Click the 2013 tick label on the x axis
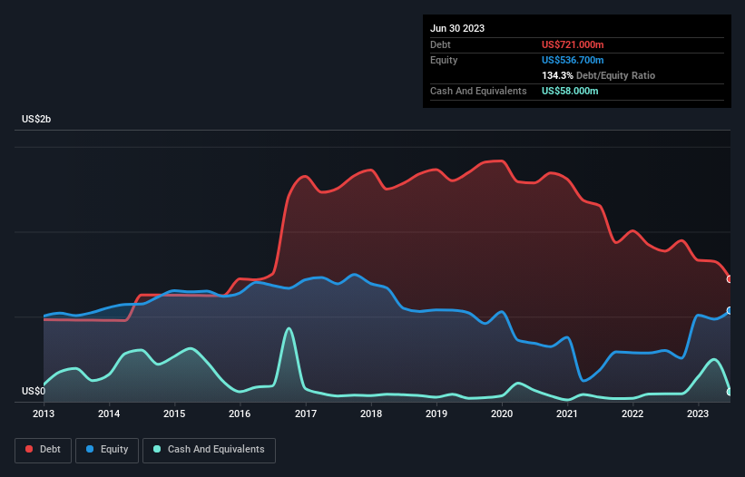click(x=44, y=414)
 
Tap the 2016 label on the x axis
click(x=240, y=414)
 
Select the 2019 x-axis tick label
click(x=436, y=414)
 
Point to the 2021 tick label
click(x=567, y=414)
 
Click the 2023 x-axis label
click(x=698, y=414)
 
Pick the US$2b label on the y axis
click(x=38, y=120)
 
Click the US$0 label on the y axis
click(x=33, y=392)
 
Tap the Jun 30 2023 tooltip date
click(x=457, y=28)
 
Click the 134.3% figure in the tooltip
click(x=557, y=75)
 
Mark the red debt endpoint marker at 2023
click(x=730, y=279)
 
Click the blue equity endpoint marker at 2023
click(x=730, y=310)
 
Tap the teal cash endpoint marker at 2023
click(x=730, y=392)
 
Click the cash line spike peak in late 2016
click(x=289, y=328)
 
